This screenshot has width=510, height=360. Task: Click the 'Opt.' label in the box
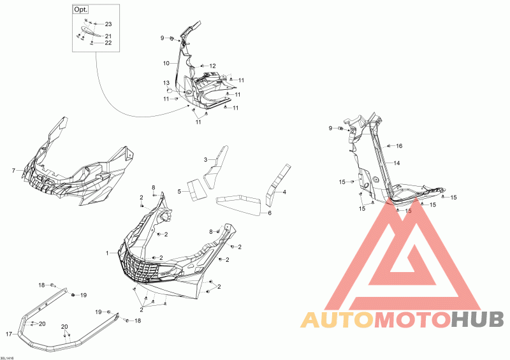point(81,10)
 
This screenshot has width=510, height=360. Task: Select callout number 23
point(108,24)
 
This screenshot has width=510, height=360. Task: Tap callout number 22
point(108,43)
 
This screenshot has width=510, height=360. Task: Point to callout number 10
point(166,63)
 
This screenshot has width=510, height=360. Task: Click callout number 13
point(165,83)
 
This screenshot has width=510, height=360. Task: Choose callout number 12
point(212,66)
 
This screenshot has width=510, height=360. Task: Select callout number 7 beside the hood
point(13,170)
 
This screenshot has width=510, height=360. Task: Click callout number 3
point(206,159)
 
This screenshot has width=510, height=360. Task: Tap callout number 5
point(180,191)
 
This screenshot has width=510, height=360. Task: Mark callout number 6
point(269,213)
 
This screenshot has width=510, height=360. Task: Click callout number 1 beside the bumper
point(108,253)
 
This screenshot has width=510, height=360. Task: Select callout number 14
point(397,164)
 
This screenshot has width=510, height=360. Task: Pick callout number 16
point(399,146)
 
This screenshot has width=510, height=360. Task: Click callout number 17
point(8,333)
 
